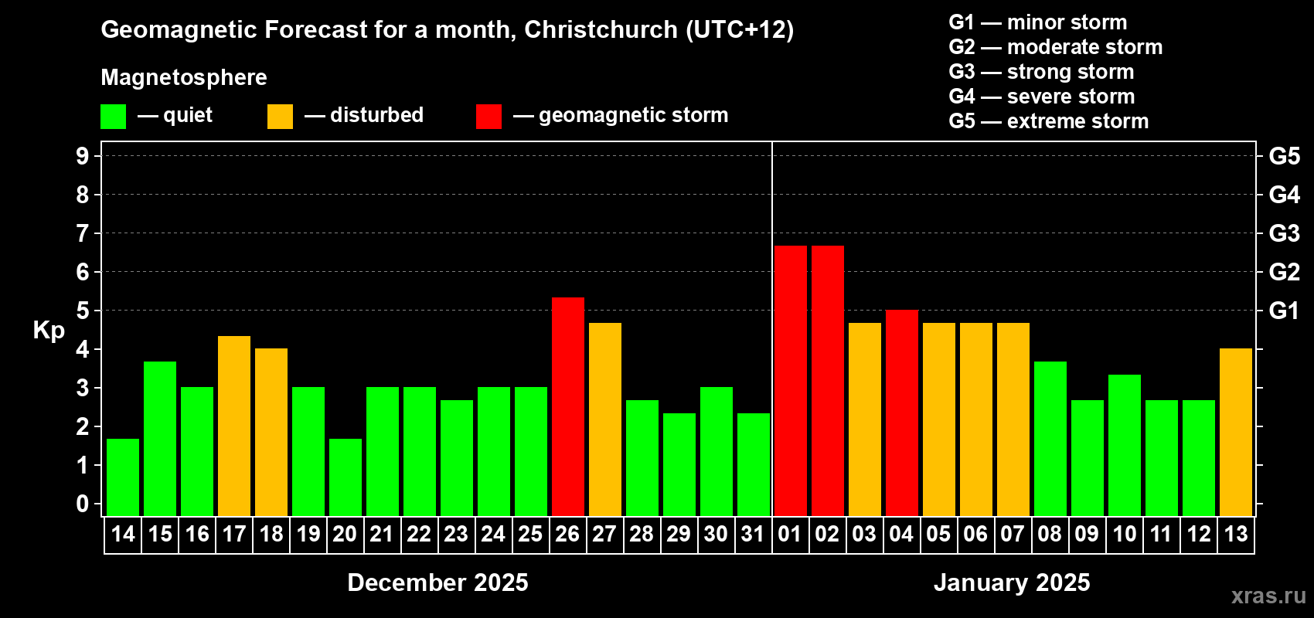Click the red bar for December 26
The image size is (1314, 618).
pyautogui.click(x=567, y=406)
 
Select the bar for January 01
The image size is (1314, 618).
pyautogui.click(x=790, y=381)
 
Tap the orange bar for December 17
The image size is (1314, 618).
pyautogui.click(x=234, y=426)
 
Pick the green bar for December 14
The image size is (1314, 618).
pyautogui.click(x=123, y=477)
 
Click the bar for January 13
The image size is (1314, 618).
pyautogui.click(x=1235, y=432)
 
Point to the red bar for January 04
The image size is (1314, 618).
pyautogui.click(x=901, y=413)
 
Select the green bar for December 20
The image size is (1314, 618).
pyautogui.click(x=346, y=477)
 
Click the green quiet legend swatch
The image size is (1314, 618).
pyautogui.click(x=113, y=117)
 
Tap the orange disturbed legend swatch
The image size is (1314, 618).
pyautogui.click(x=280, y=117)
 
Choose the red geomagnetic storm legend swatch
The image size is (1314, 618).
pyautogui.click(x=488, y=117)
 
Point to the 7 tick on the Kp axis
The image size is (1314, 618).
pyautogui.click(x=83, y=233)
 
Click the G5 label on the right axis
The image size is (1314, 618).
pyautogui.click(x=1284, y=156)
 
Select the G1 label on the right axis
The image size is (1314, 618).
pyautogui.click(x=1284, y=311)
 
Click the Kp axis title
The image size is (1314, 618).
pyautogui.click(x=49, y=331)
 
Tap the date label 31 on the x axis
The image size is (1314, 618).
pyautogui.click(x=753, y=534)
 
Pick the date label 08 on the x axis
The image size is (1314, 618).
pyautogui.click(x=1050, y=534)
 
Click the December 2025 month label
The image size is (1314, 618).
pyautogui.click(x=437, y=582)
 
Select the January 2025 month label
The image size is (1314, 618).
pyautogui.click(x=1012, y=582)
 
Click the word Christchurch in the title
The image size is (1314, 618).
pyautogui.click(x=601, y=29)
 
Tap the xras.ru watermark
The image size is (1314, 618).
pyautogui.click(x=1268, y=596)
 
